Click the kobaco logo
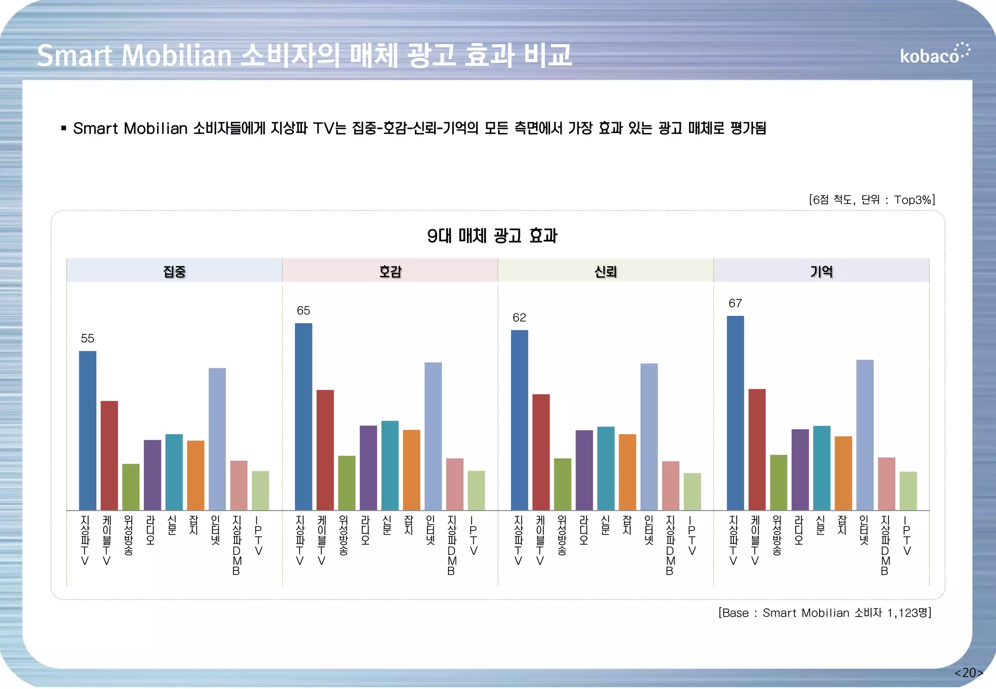coord(934,54)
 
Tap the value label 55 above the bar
coord(88,338)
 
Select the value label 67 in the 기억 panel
coord(735,303)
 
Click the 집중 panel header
coord(174,271)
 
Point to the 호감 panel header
coord(390,271)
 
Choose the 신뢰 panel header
coord(605,271)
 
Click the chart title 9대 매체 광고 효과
coord(492,236)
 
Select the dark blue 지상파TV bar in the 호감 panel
coord(303,416)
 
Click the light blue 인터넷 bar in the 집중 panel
coord(217,439)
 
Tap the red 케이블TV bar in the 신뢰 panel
coord(541,452)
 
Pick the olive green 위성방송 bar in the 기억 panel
coord(778,482)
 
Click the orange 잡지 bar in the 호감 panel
coord(411,469)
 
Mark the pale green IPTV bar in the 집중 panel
coord(260,490)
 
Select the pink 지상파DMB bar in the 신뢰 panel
coord(671,485)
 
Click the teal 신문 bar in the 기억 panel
coord(821,467)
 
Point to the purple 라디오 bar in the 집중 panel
coord(152,475)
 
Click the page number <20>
coord(968,672)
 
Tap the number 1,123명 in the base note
coord(908,613)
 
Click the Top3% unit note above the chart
coord(913,200)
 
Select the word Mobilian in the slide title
coord(177,55)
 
